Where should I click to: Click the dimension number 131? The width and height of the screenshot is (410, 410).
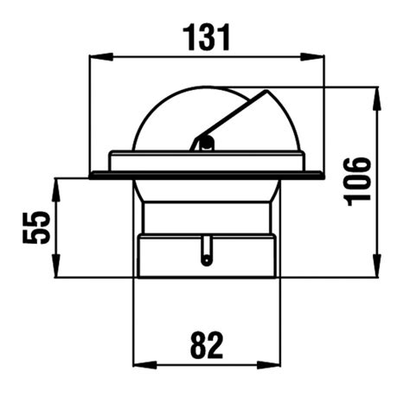tap(207, 37)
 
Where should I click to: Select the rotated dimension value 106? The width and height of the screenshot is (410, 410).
tap(357, 180)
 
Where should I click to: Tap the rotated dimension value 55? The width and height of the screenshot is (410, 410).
tap(35, 227)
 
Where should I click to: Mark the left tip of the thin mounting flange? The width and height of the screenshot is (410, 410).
tap(92, 176)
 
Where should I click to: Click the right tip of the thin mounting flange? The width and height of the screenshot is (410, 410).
tap(322, 176)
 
